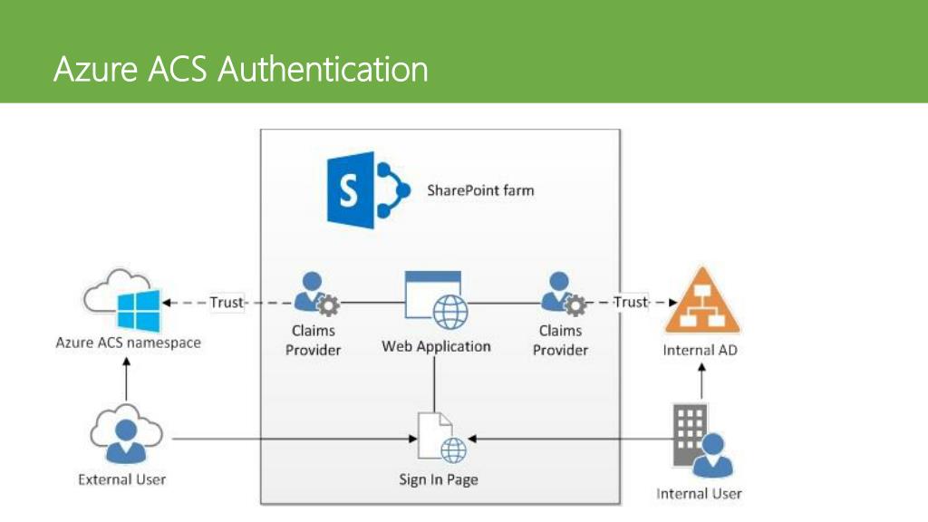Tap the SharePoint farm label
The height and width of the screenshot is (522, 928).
pos(480,190)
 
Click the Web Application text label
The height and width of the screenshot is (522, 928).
pos(436,346)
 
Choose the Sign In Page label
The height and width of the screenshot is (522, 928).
pos(438,479)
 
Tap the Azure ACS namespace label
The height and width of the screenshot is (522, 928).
pos(128,343)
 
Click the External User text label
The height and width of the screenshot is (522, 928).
pos(121,479)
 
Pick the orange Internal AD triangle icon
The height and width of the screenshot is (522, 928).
pos(702,302)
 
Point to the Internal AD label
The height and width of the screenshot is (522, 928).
pos(701,351)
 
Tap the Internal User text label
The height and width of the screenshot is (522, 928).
pos(699,494)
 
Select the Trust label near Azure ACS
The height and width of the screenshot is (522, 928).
pos(227,303)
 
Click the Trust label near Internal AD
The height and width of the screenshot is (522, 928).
pos(631,302)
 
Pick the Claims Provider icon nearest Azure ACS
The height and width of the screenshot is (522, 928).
pos(316,294)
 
